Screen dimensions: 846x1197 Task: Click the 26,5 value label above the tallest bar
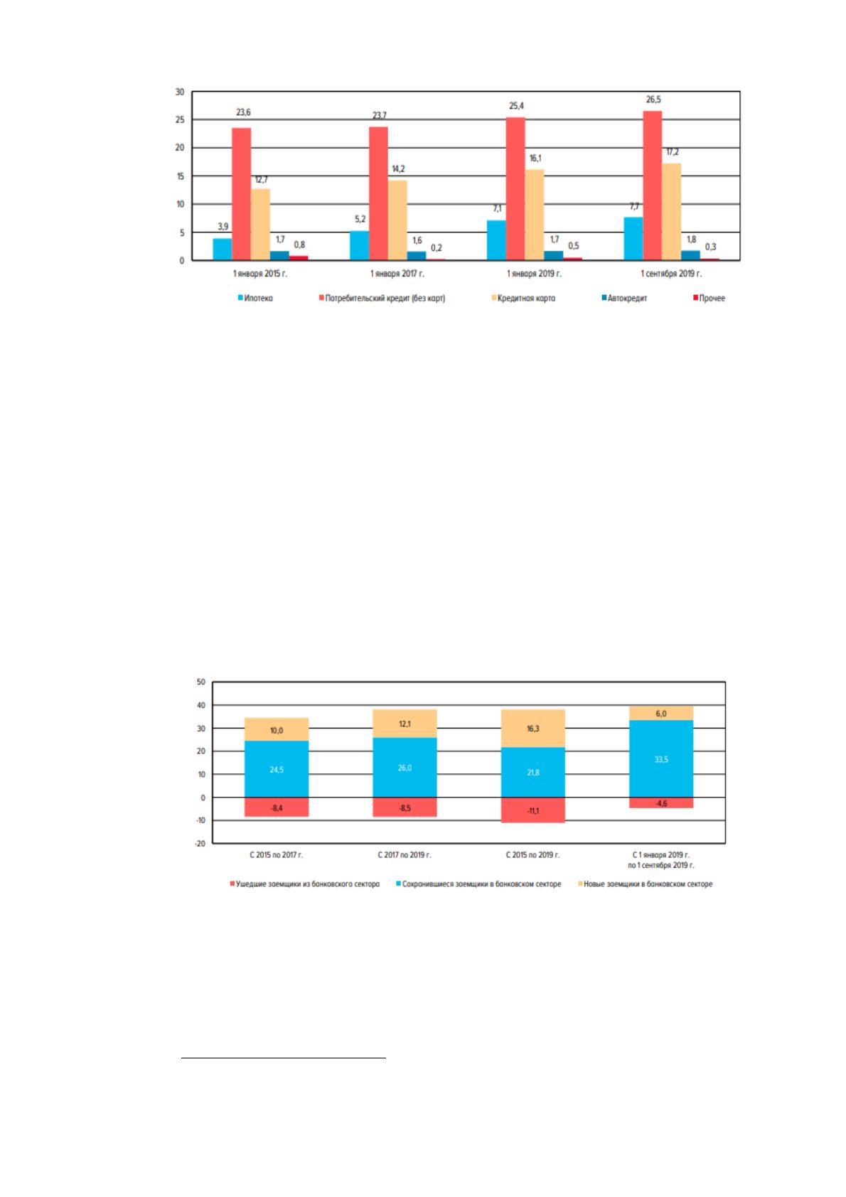653,100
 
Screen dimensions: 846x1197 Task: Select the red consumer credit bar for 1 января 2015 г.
242,194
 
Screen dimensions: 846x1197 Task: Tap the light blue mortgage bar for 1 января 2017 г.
359,245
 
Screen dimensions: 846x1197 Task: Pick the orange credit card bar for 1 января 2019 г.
535,215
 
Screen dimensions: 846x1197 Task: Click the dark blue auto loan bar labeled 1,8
690,255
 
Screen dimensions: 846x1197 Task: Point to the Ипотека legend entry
255,298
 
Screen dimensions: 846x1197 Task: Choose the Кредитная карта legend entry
523,298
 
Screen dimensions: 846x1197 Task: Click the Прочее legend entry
710,298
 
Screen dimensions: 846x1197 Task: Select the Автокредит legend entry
624,298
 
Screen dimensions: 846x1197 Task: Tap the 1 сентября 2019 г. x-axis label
671,274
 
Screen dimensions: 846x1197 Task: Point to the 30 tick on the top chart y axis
180,92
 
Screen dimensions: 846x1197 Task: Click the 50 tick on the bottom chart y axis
201,682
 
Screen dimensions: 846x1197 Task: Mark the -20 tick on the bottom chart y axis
200,843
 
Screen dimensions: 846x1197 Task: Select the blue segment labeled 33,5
661,759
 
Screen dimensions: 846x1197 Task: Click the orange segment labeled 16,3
532,729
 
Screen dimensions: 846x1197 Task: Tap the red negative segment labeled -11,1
532,810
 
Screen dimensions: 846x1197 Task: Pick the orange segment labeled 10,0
277,729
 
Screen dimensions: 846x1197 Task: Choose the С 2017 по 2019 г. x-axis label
405,855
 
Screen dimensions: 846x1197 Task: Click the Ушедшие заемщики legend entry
304,884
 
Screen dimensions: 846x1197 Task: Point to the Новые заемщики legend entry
645,884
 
